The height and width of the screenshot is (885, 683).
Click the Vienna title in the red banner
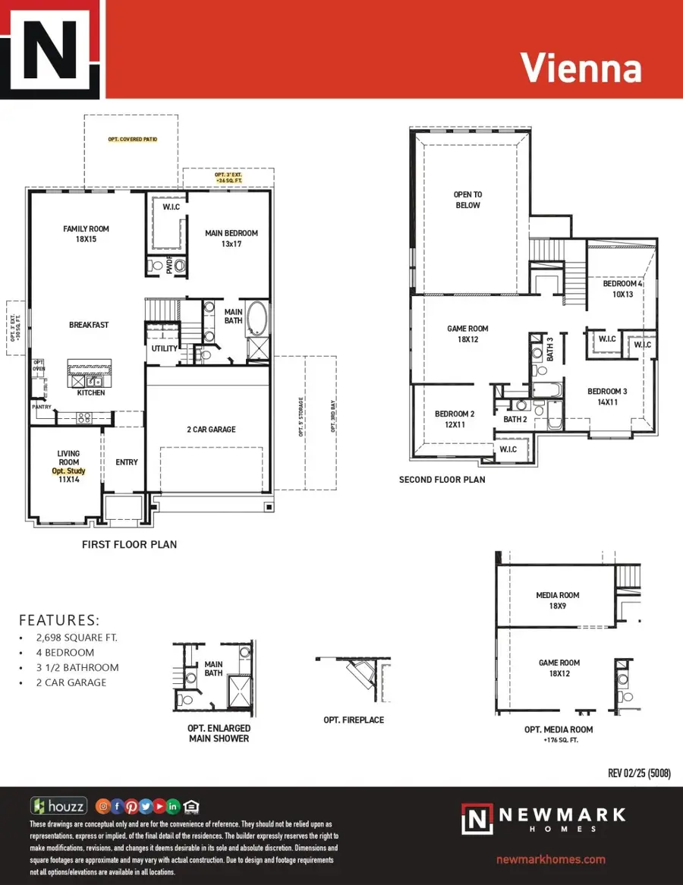pyautogui.click(x=581, y=68)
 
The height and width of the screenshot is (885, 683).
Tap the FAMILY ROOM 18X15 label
pyautogui.click(x=87, y=234)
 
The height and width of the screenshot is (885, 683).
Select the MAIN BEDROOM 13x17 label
pyautogui.click(x=231, y=238)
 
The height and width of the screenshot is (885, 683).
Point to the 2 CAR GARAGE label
pyautogui.click(x=211, y=430)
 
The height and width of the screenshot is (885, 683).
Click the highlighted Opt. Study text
pyautogui.click(x=68, y=471)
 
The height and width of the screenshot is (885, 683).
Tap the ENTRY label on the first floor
pyautogui.click(x=127, y=462)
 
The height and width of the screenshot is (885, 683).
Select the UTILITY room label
pyautogui.click(x=164, y=349)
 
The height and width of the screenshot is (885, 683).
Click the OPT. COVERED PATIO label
pyautogui.click(x=131, y=140)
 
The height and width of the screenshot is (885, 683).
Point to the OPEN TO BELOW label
pyautogui.click(x=467, y=200)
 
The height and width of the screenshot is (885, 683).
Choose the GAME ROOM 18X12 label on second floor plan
pyautogui.click(x=467, y=334)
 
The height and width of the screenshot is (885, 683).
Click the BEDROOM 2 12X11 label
pyautogui.click(x=455, y=420)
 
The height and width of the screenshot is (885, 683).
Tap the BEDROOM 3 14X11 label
pyautogui.click(x=607, y=397)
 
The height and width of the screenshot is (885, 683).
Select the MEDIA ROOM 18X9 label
pyautogui.click(x=557, y=600)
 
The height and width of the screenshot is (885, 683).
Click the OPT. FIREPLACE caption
pyautogui.click(x=354, y=720)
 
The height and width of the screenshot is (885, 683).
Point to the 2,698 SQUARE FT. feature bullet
pyautogui.click(x=77, y=638)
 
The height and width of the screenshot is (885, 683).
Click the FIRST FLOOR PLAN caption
pyautogui.click(x=129, y=544)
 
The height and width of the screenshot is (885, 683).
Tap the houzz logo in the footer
pyautogui.click(x=58, y=806)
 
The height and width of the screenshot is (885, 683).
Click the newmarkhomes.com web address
pyautogui.click(x=550, y=859)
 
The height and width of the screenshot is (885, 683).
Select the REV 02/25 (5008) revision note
pyautogui.click(x=639, y=773)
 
